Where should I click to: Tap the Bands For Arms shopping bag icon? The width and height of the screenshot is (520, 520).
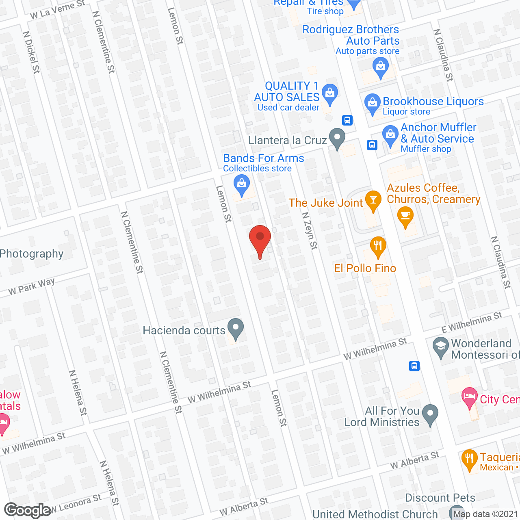(242, 185)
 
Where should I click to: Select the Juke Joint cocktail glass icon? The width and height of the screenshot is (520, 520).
(373, 200)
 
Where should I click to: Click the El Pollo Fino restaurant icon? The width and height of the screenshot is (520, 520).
(378, 246)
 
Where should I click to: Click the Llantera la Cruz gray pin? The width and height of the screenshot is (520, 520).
(337, 138)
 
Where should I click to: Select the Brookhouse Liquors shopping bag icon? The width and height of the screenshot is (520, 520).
(372, 103)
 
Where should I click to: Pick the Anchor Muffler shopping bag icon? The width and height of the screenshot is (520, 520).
(390, 135)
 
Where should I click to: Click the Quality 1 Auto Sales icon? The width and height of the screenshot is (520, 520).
(330, 94)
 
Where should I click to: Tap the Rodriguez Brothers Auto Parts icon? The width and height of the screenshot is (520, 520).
(380, 67)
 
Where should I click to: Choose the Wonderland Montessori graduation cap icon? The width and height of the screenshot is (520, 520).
(440, 347)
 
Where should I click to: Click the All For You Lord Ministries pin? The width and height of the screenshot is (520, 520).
(430, 414)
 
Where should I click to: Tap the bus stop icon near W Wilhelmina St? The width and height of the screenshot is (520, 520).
(414, 366)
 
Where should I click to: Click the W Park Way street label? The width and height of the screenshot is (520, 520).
(32, 286)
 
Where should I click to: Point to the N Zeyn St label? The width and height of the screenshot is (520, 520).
(310, 230)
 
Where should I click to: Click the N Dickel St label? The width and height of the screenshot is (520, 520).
(31, 52)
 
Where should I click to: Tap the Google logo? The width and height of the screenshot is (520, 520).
(28, 510)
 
